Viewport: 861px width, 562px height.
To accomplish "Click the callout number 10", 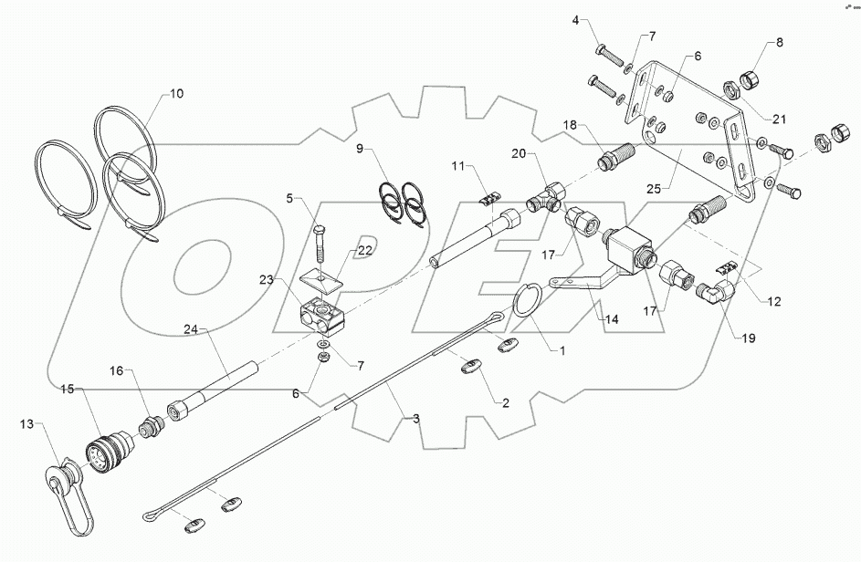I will (176, 93).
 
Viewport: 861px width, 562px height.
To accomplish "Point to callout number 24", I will (191, 328).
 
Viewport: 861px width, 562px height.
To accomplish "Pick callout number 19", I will (748, 338).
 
